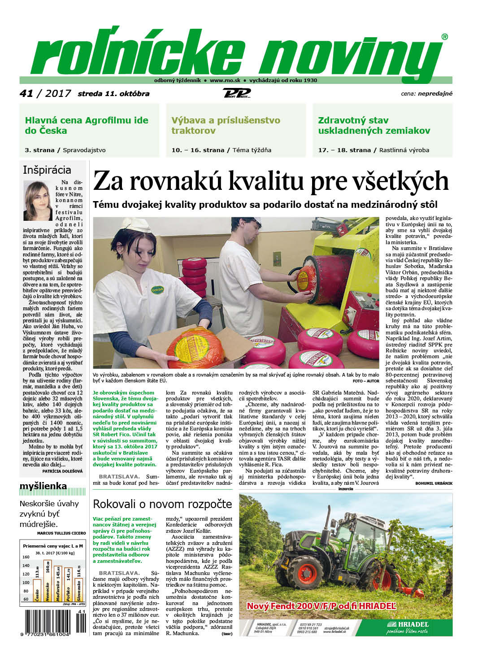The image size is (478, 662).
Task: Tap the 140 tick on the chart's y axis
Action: [26, 566]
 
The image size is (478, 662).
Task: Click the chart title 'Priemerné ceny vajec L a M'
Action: [53, 546]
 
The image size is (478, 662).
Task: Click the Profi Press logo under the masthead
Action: [236, 93]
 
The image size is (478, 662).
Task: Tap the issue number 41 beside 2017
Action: [26, 93]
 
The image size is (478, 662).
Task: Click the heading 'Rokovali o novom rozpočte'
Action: [162, 504]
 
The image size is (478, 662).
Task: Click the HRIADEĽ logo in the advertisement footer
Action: [407, 625]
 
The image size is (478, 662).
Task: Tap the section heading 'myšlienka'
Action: [43, 486]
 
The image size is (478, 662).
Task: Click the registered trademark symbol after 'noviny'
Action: [444, 37]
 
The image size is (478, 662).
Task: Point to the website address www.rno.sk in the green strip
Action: [225, 80]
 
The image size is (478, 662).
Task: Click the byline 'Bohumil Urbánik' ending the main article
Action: [434, 483]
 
